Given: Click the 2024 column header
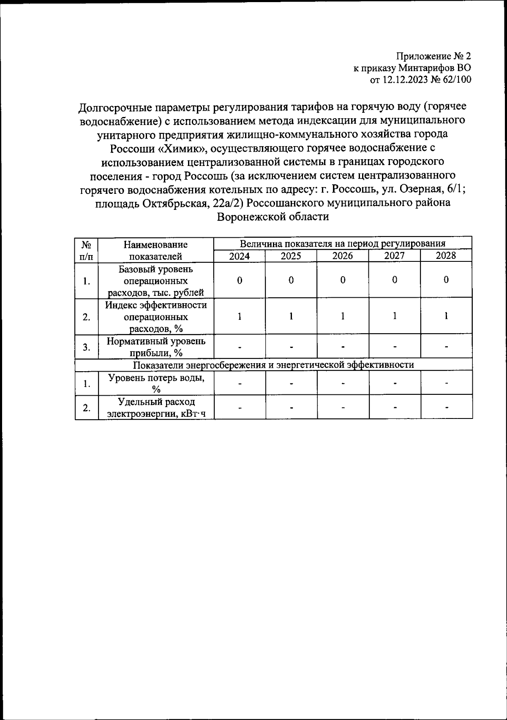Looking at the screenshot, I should [x=239, y=256].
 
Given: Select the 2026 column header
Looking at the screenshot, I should [x=343, y=256].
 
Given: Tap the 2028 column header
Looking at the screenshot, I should [x=446, y=256].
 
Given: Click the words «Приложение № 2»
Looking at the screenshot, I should [x=433, y=56].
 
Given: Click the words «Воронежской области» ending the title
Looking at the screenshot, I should [x=273, y=217].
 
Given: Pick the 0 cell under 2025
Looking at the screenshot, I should [x=291, y=280].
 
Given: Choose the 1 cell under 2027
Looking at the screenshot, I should [x=394, y=317].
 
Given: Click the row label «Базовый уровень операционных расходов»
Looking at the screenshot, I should [x=156, y=280].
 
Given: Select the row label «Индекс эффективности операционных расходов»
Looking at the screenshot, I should [x=156, y=317].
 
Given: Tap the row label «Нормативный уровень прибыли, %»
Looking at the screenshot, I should [x=156, y=347].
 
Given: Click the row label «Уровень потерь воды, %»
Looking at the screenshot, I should [x=156, y=383].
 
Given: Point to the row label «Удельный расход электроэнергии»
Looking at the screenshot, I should [x=156, y=408].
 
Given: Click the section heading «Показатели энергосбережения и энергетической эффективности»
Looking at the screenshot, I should [x=273, y=365].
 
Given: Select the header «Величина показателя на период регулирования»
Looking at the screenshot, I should [x=343, y=244].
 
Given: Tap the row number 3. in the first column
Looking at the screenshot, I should [x=87, y=347].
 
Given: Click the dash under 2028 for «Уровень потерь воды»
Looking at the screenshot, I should [x=446, y=383].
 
